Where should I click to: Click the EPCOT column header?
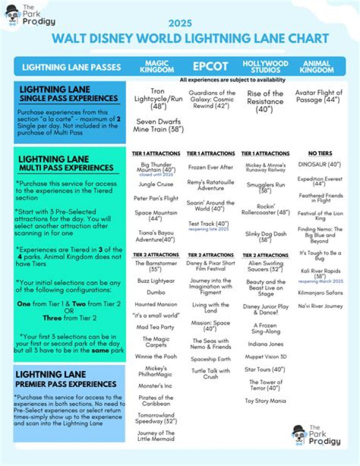coord(210,66)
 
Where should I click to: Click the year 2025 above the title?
coord(180,24)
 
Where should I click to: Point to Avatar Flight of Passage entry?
coord(318,96)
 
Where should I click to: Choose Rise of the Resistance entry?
coord(265,101)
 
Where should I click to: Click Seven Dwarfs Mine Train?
coord(158,125)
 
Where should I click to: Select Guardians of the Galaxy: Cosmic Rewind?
coord(212,100)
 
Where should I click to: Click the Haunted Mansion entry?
coord(156,304)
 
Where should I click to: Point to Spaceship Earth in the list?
coord(210,359)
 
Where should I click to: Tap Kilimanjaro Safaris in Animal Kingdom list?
coord(320,292)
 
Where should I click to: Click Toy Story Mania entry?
coord(265,401)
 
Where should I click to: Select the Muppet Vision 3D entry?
coord(265,357)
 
